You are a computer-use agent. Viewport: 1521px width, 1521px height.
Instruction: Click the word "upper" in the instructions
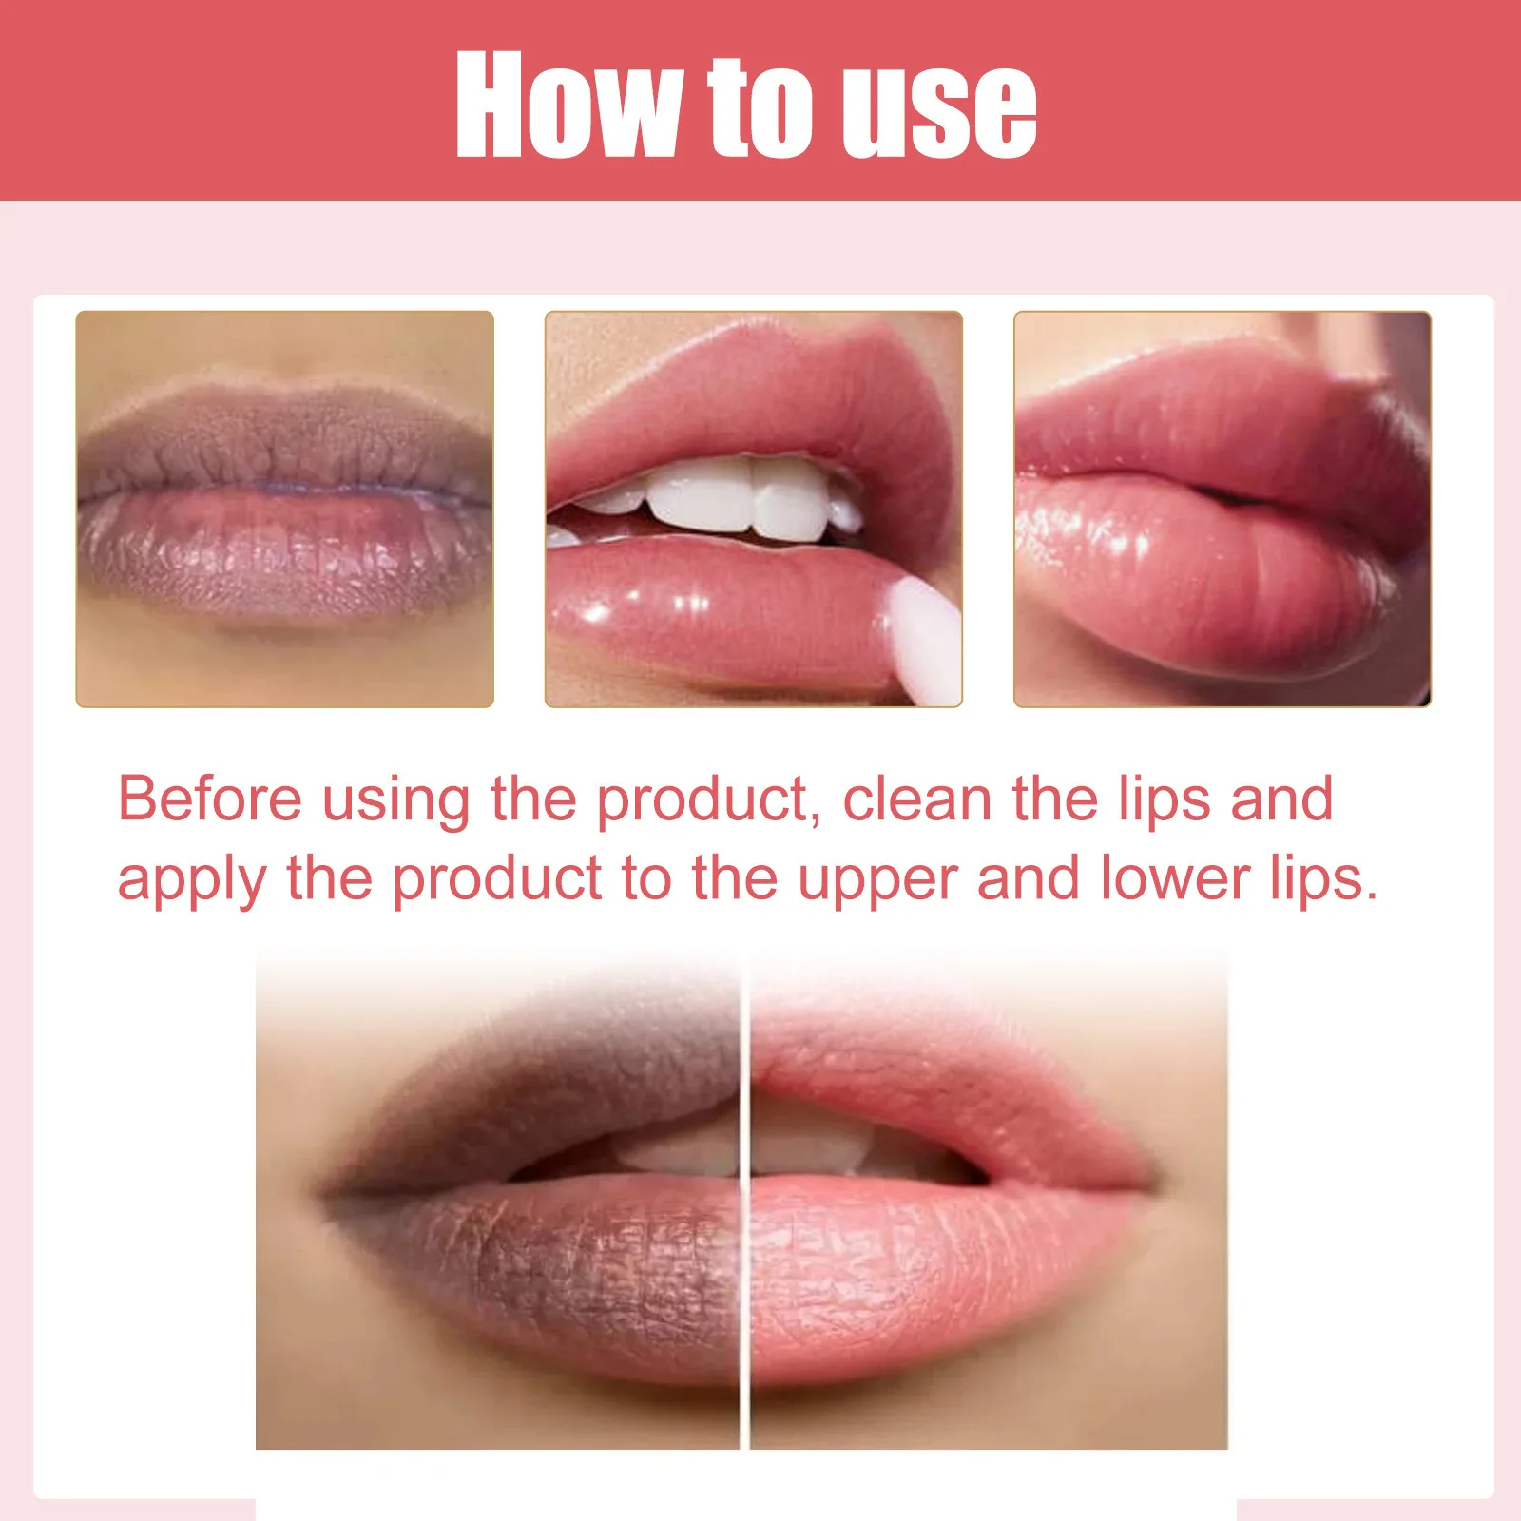(876, 880)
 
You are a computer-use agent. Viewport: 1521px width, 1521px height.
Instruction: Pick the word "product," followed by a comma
(709, 800)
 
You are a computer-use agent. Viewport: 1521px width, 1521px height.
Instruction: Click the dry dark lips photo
(285, 510)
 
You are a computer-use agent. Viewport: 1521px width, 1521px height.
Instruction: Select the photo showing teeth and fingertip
(754, 510)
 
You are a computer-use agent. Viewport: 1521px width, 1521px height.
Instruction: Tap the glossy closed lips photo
(1223, 510)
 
